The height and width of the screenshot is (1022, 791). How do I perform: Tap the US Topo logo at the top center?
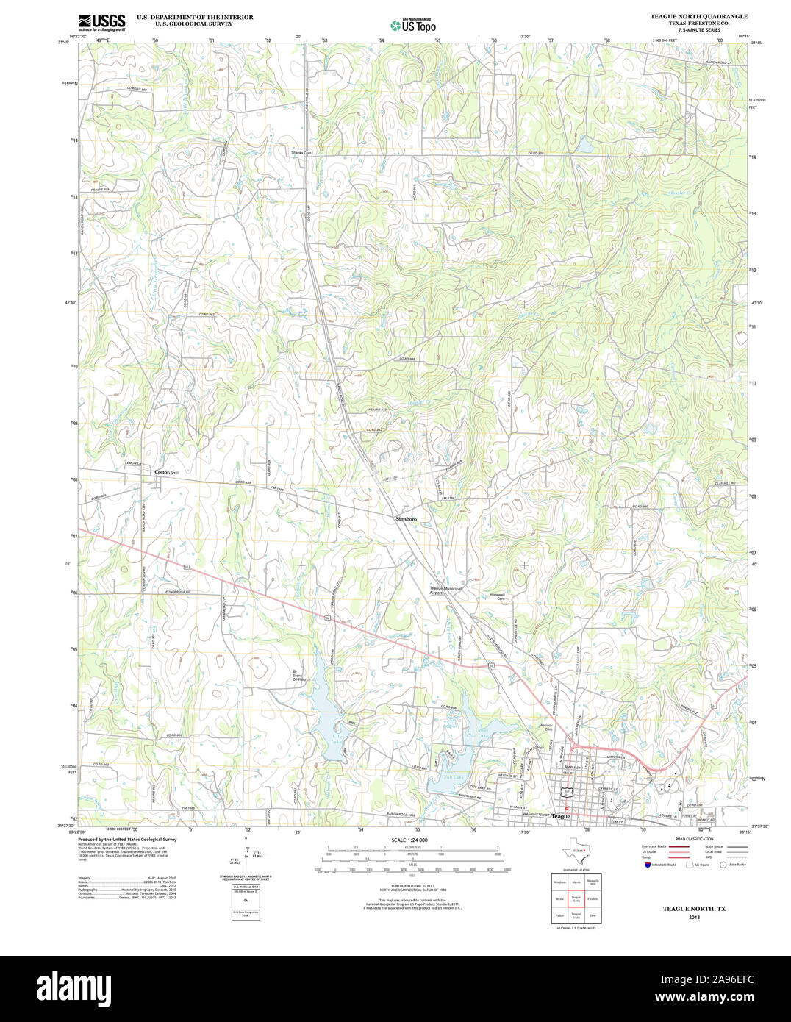[x=413, y=25]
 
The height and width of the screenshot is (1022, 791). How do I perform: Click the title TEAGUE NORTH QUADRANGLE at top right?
[x=698, y=16]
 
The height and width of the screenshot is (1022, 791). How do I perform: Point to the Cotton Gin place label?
[x=167, y=472]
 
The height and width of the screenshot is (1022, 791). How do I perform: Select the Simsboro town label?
[x=406, y=519]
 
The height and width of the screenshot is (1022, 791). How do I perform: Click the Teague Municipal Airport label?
[x=445, y=590]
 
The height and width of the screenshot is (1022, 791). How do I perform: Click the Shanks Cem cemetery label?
[x=301, y=153]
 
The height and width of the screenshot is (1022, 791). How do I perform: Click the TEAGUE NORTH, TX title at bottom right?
[x=694, y=909]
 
